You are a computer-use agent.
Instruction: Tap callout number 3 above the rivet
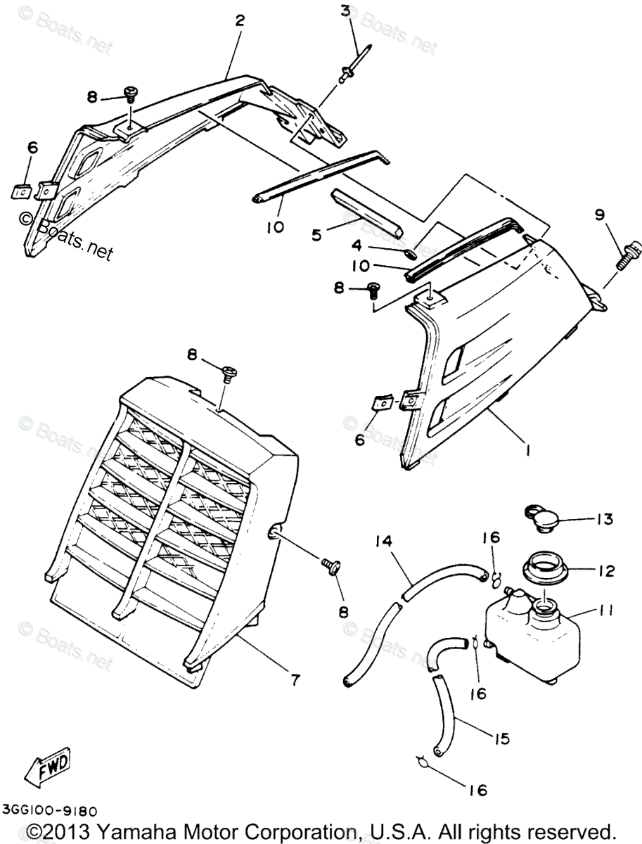(x=345, y=11)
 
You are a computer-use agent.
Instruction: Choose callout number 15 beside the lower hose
(x=502, y=739)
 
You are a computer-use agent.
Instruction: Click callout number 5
(x=316, y=234)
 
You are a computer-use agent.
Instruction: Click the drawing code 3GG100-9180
(x=49, y=811)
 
